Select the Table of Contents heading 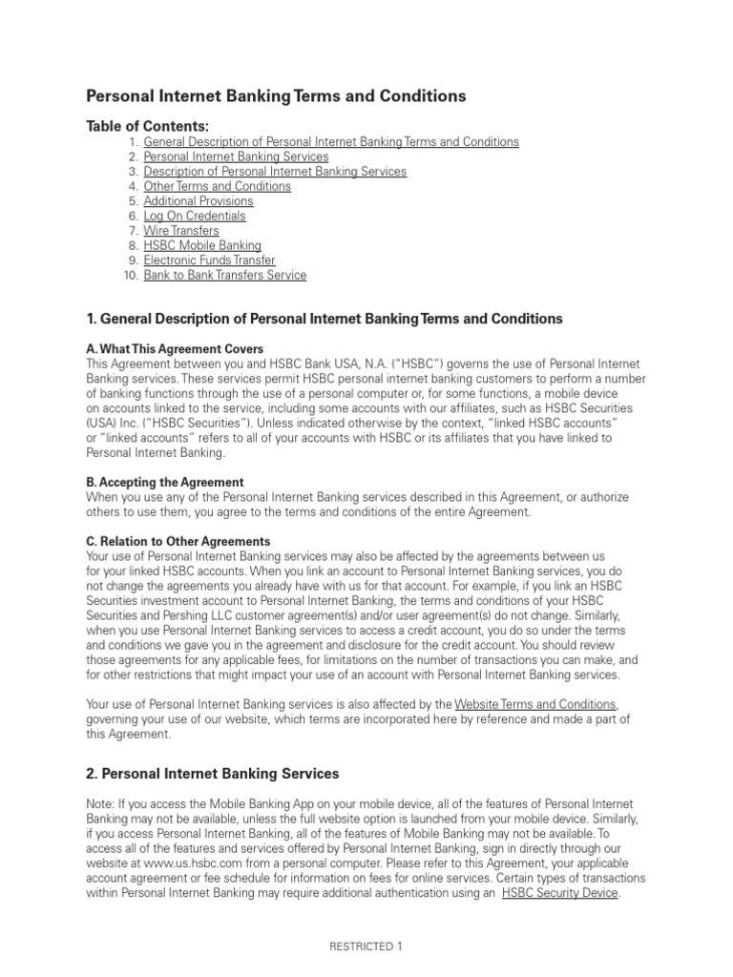tap(147, 126)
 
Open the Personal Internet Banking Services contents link tap(236, 156)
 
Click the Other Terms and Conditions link tap(217, 186)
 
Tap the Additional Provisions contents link tap(199, 201)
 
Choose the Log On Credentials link tap(195, 217)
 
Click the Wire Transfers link tap(181, 231)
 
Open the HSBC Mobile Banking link tap(202, 246)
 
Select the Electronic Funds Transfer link tap(209, 260)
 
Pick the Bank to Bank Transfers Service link tap(225, 276)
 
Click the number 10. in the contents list tap(131, 276)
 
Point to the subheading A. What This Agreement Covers tap(175, 349)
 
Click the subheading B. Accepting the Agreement tap(165, 483)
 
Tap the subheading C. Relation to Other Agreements tap(178, 542)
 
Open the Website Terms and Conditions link tap(535, 704)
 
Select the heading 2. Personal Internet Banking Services tap(213, 774)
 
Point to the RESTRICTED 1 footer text tap(366, 947)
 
